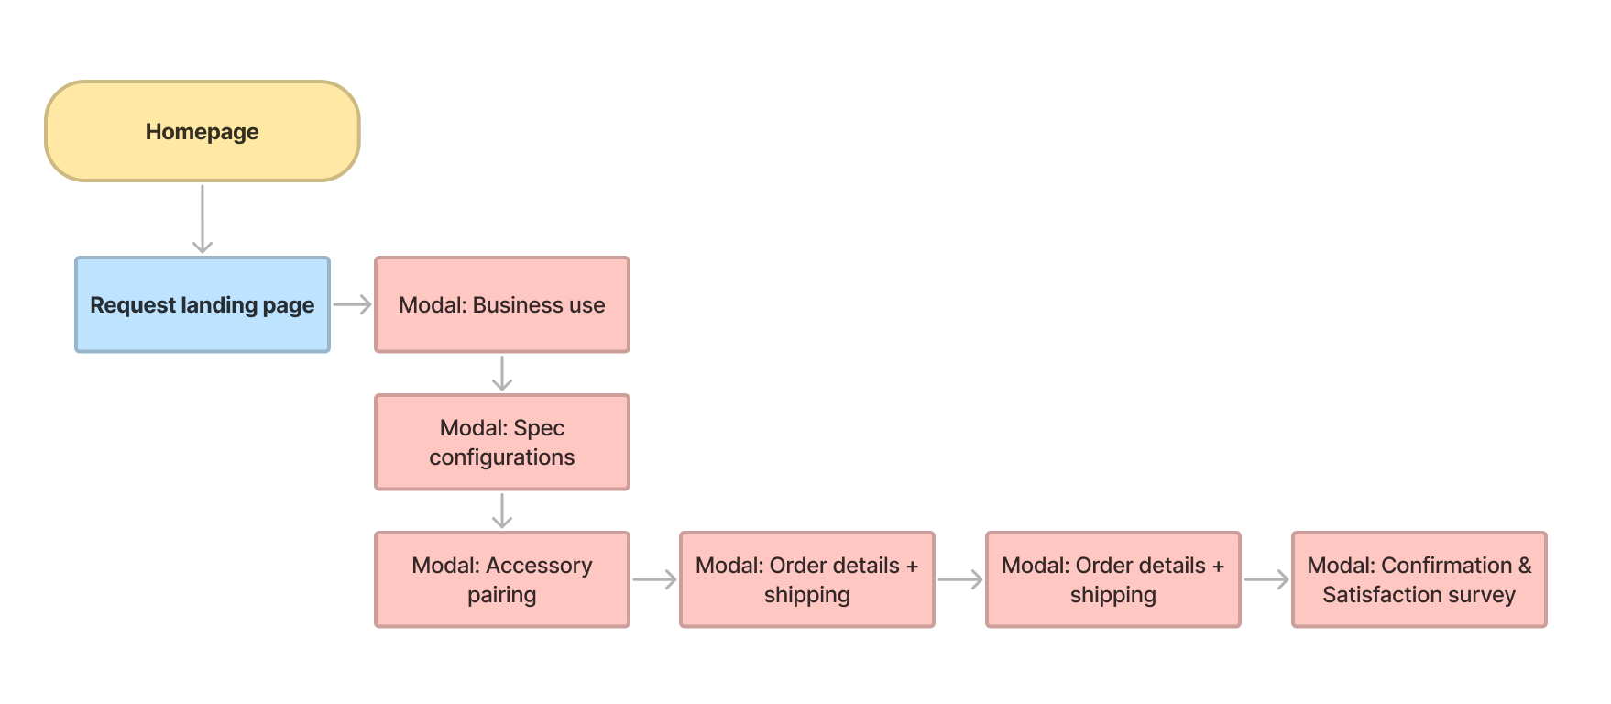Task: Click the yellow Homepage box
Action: [203, 131]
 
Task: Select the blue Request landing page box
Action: [203, 304]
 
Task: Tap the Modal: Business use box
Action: [502, 304]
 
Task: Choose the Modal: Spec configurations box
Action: [502, 442]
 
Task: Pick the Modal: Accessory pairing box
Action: [502, 579]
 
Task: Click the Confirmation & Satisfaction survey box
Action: [1419, 579]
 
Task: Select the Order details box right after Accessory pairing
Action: [807, 579]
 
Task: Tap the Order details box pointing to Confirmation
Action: [1113, 579]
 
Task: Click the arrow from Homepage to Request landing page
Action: [203, 218]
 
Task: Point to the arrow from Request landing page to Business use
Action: [352, 304]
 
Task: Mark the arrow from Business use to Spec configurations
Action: [502, 373]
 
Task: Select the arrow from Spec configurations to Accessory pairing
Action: [502, 511]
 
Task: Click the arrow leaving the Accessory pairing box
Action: [654, 579]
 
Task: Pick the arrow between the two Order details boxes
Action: [960, 579]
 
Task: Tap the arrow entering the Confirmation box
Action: [1266, 579]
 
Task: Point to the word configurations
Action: [502, 457]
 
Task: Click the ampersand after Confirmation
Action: [1525, 566]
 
